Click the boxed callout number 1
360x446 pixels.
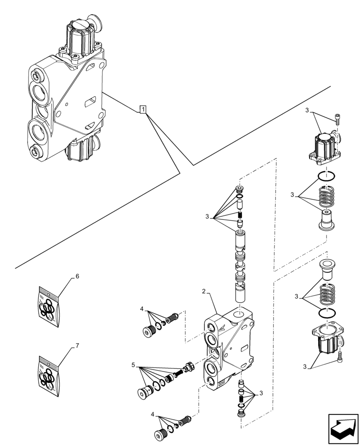[143, 109]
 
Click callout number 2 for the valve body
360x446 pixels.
[204, 291]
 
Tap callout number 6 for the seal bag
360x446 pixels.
[77, 277]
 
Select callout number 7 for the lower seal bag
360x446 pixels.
[77, 345]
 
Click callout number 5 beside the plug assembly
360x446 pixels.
[133, 365]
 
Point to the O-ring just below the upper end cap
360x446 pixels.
[327, 177]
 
